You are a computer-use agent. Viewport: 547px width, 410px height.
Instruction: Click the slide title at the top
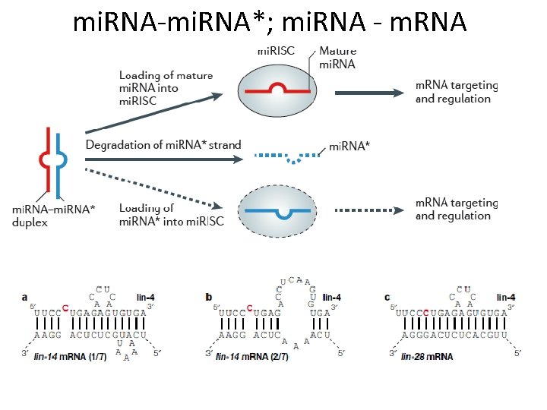point(270,23)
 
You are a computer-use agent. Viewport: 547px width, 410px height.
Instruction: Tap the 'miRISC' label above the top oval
point(277,52)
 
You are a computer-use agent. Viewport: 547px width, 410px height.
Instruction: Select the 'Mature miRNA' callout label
point(337,58)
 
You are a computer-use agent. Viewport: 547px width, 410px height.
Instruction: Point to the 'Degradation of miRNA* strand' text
point(163,145)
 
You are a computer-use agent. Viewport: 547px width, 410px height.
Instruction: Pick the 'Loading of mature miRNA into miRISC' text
point(166,87)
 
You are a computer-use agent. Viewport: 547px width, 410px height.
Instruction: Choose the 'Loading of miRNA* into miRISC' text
point(171,215)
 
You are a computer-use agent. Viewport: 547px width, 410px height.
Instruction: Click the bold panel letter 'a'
point(26,297)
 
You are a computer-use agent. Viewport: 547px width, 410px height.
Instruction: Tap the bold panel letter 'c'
point(387,297)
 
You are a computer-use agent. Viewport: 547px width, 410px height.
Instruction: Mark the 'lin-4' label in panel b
point(332,297)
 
